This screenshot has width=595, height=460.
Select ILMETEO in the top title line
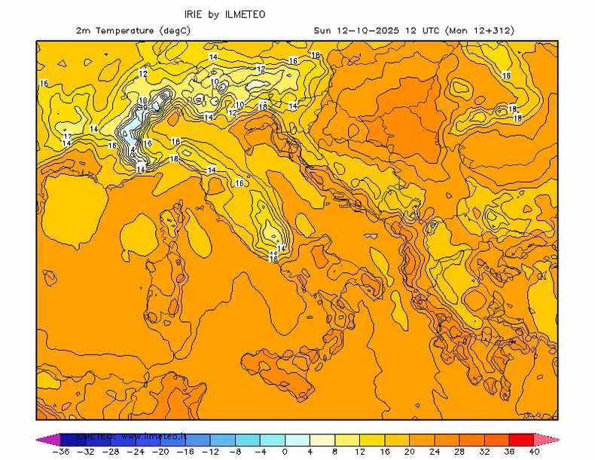click(245, 14)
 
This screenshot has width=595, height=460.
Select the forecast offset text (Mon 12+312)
click(480, 31)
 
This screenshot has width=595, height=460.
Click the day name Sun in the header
click(322, 31)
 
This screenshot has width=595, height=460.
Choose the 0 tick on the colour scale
click(285, 452)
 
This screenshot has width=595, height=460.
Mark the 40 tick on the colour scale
click(533, 452)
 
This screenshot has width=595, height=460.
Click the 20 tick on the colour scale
click(409, 452)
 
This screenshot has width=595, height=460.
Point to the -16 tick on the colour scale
click(186, 452)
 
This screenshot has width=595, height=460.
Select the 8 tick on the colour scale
click(334, 452)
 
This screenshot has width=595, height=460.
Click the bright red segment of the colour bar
click(521, 439)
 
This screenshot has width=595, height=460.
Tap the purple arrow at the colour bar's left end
click(47, 439)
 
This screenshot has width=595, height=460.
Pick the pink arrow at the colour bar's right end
click(547, 439)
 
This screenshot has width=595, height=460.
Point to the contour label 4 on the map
click(133, 150)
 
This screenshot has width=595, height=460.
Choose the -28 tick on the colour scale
click(112, 452)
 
